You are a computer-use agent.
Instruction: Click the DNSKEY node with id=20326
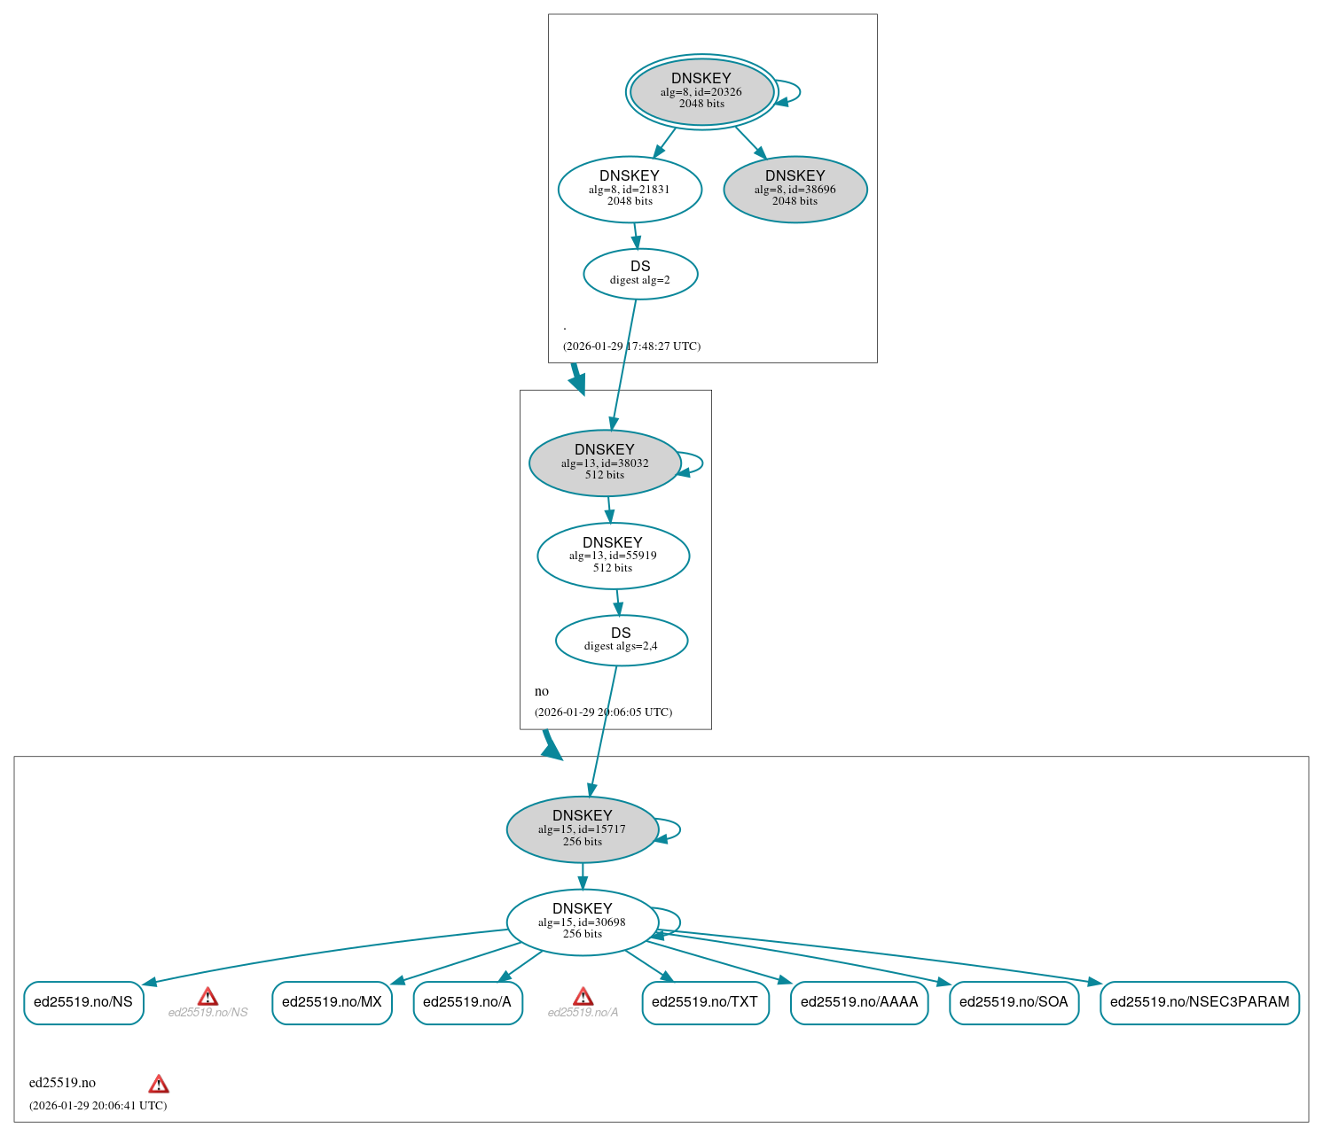pyautogui.click(x=701, y=91)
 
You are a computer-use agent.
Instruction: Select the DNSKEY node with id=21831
pyautogui.click(x=630, y=189)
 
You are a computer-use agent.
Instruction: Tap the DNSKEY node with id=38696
pyautogui.click(x=795, y=189)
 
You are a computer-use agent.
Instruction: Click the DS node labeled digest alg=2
pyautogui.click(x=640, y=274)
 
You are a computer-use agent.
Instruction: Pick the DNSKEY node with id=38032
pyautogui.click(x=604, y=463)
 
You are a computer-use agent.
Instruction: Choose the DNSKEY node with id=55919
pyautogui.click(x=613, y=556)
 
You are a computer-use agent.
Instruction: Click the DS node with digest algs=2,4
pyautogui.click(x=621, y=640)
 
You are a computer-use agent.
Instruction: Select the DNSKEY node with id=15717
pyautogui.click(x=582, y=829)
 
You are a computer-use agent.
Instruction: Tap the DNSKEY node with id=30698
pyautogui.click(x=582, y=922)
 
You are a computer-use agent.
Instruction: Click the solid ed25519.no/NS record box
pyautogui.click(x=83, y=1002)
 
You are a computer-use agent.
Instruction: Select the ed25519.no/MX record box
pyautogui.click(x=332, y=1002)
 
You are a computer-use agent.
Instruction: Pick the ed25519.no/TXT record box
pyautogui.click(x=705, y=1002)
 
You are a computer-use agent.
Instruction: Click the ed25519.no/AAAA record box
pyautogui.click(x=858, y=1002)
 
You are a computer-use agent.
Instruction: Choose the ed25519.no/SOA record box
pyautogui.click(x=1014, y=1002)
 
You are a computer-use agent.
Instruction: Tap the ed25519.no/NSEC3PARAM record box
pyautogui.click(x=1199, y=1002)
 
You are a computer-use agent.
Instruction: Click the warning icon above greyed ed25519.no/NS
pyautogui.click(x=207, y=997)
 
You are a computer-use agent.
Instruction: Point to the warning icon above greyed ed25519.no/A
pyautogui.click(x=583, y=997)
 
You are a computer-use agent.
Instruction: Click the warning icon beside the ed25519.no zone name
pyautogui.click(x=159, y=1084)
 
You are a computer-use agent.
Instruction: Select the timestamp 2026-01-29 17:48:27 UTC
pyautogui.click(x=631, y=346)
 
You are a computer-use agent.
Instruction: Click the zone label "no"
pyautogui.click(x=542, y=691)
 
